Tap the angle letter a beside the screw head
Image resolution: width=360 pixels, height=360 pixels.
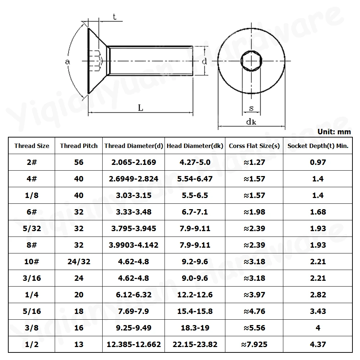coord(67,62)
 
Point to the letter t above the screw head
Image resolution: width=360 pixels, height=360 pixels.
coord(114,17)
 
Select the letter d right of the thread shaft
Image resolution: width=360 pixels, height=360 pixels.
coord(204,61)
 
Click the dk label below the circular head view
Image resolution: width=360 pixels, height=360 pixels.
coord(251,121)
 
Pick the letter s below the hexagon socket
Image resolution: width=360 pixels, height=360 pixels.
coord(251,108)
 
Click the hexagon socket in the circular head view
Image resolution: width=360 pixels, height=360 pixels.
coord(251,62)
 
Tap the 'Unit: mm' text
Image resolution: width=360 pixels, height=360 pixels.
coord(334,132)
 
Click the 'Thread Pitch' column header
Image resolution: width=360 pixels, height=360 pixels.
coord(78,146)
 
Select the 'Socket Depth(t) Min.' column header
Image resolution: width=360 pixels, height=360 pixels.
coord(318,146)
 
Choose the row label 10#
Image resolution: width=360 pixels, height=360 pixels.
coord(32,261)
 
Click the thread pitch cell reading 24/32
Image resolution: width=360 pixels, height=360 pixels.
coord(78,261)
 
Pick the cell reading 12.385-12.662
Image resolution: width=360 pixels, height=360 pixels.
coord(134,344)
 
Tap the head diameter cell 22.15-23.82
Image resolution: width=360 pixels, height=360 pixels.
coord(195,344)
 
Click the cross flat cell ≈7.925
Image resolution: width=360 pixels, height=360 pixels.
coord(254,344)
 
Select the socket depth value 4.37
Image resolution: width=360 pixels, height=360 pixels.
coord(318,344)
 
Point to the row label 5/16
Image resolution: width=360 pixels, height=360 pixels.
coord(32,311)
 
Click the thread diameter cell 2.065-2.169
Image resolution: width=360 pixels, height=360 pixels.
coord(134,162)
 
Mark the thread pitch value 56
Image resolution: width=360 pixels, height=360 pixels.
coord(78,162)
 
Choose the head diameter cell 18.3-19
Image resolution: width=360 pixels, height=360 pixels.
coord(195,328)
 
